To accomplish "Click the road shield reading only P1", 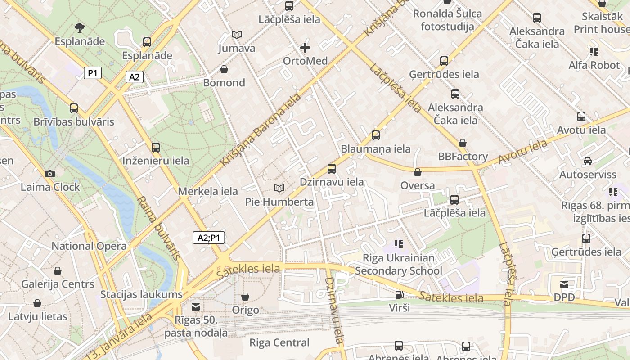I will (93, 73).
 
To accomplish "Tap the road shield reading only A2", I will (134, 77).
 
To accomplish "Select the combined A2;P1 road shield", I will (209, 238).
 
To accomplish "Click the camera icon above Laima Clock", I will (50, 174).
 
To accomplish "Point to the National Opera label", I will (89, 246).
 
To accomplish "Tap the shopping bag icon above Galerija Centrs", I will (58, 271).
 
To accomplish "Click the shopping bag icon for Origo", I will (245, 297).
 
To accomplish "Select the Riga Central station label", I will (279, 342).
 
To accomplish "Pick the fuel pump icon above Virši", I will (399, 295).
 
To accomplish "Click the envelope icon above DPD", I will (564, 284).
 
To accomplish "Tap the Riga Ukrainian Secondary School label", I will (399, 264).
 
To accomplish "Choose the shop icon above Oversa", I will (418, 172).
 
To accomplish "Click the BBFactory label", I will (463, 157).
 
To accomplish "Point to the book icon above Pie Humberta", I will (279, 188).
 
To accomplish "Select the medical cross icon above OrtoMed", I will (305, 47).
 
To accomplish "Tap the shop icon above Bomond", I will (224, 69).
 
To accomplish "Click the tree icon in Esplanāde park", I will (80, 28).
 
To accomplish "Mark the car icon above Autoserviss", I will (587, 161).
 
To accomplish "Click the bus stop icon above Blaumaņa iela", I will (376, 135).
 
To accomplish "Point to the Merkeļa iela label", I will (208, 191).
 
